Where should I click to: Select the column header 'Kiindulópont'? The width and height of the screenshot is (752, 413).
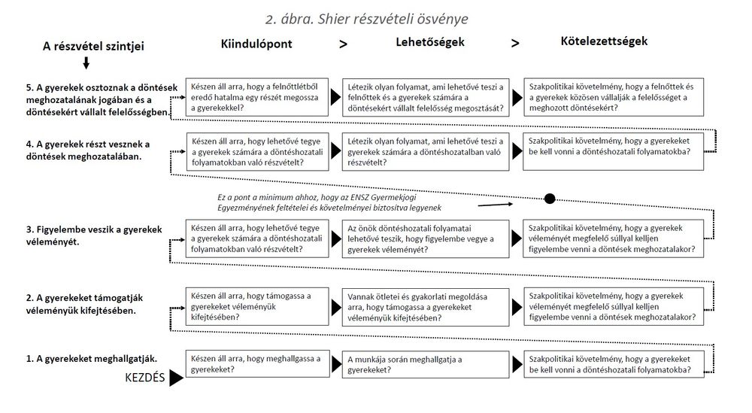256,44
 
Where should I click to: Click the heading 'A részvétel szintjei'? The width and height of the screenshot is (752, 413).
92,47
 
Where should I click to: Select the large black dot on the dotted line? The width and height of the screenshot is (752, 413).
550,199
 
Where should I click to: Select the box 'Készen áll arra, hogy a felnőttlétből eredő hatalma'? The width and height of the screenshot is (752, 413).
256,98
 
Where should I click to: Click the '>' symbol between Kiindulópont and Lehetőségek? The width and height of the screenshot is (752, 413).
344,44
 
